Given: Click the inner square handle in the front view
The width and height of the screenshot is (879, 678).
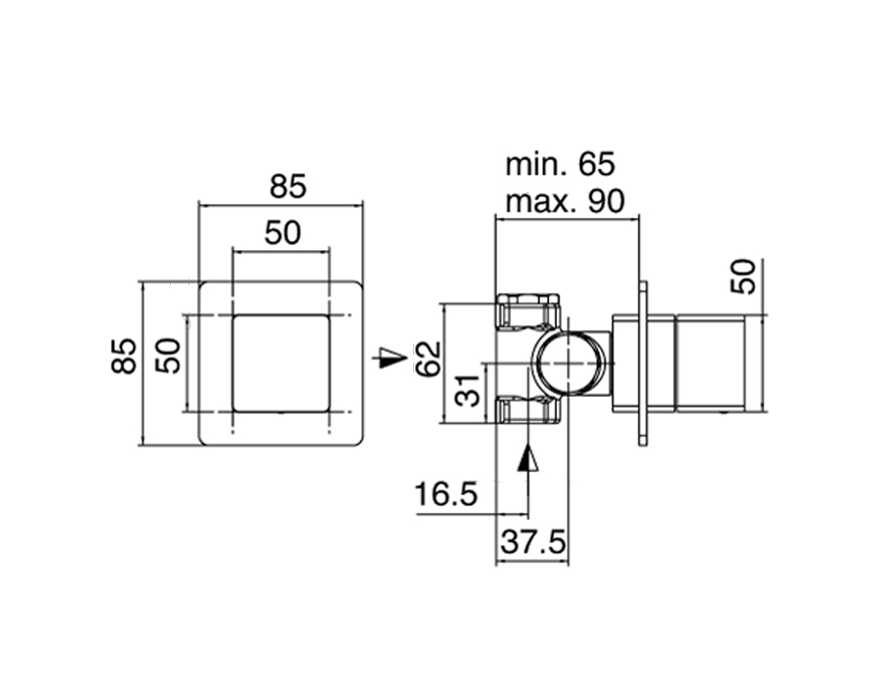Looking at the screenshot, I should coord(280,362).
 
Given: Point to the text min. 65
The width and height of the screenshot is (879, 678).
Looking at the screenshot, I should coord(560,163).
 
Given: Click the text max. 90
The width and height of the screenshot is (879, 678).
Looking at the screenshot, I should coord(565,202).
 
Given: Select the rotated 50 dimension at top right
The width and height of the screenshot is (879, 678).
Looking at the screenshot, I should coord(743,275).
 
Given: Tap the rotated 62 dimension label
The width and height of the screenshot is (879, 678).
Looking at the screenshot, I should coord(427,360).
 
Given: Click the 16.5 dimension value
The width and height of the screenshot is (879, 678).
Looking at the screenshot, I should coord(445,495).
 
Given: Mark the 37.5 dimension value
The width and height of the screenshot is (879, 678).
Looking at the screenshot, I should coord(533,543).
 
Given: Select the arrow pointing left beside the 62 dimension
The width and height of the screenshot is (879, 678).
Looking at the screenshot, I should coord(391,358).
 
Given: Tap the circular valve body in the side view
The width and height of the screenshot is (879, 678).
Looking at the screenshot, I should coord(568,361).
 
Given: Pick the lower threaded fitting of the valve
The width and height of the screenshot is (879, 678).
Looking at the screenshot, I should coord(527,410).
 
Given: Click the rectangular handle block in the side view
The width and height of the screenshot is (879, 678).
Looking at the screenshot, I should coord(710,362).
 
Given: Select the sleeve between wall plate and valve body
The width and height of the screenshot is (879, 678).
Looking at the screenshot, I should coord(625,362).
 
